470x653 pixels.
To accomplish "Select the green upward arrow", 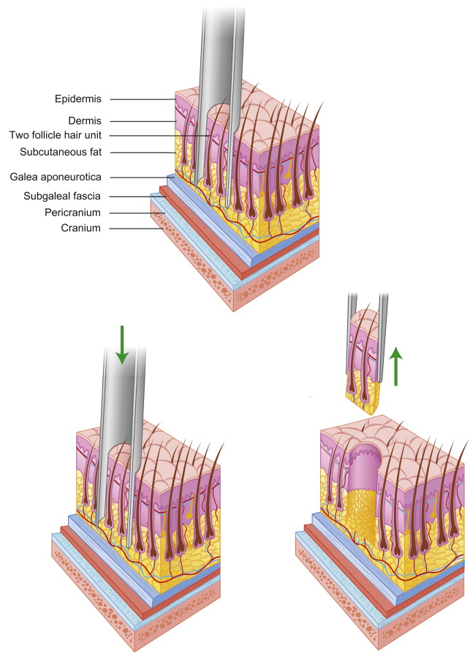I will [395, 366].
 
